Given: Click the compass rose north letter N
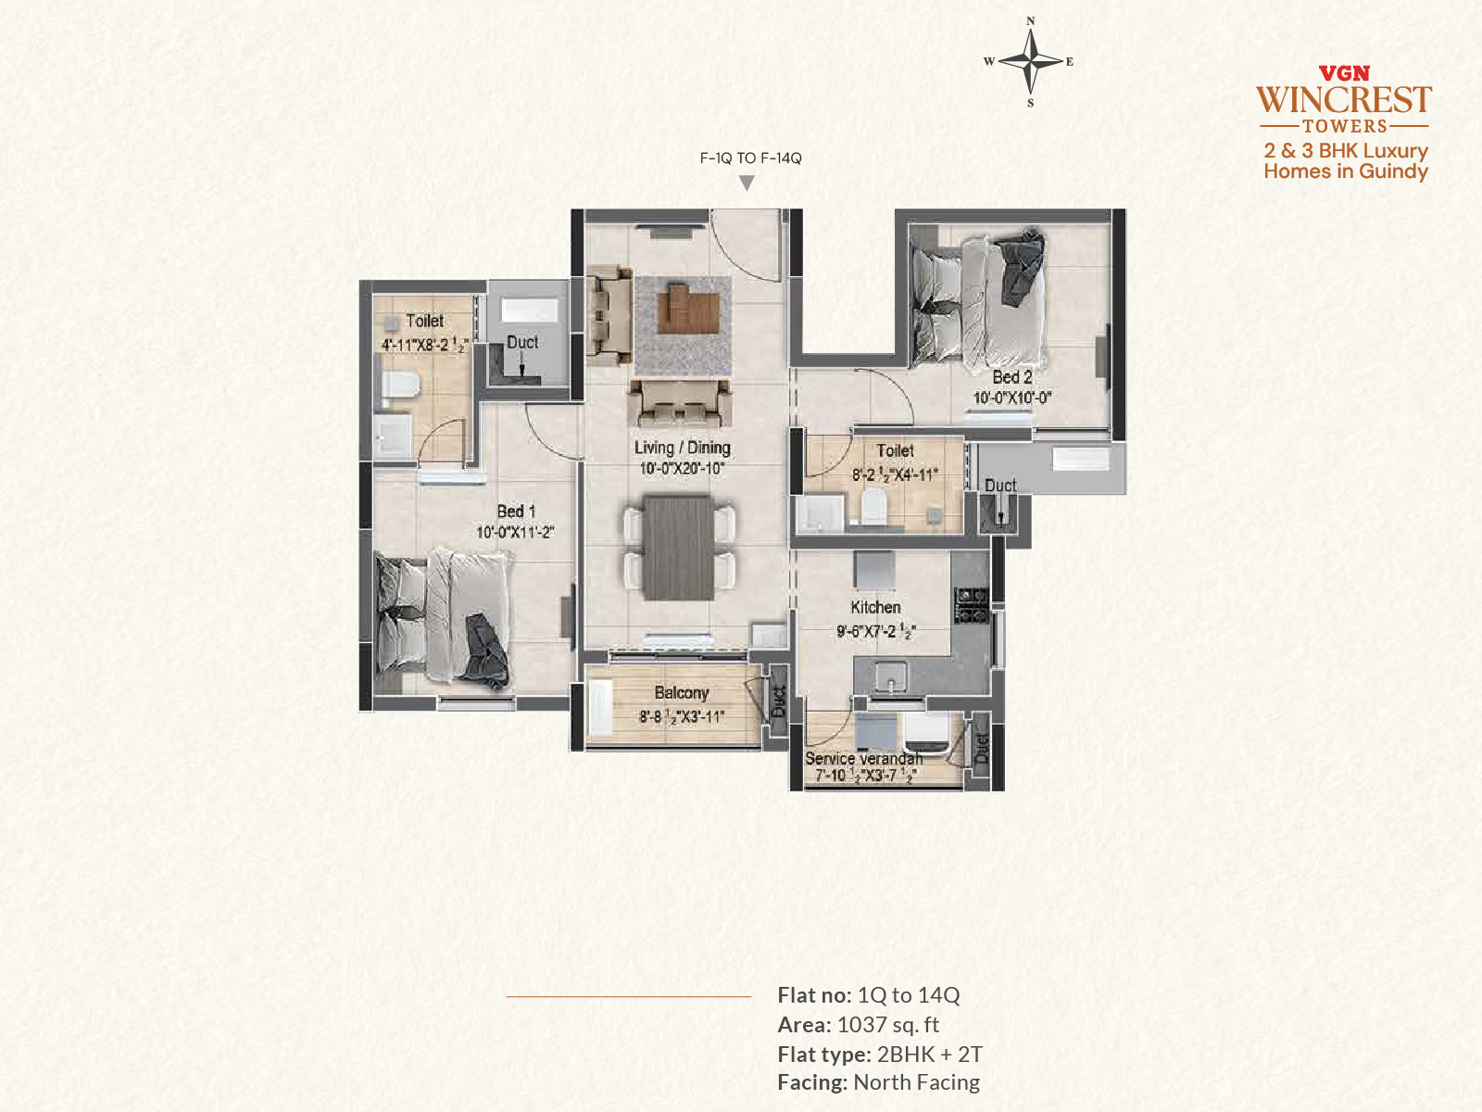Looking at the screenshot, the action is click(1030, 21).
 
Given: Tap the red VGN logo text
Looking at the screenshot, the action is click(1344, 73).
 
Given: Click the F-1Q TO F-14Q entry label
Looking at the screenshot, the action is click(751, 158).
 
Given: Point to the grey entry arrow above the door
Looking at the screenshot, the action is click(746, 183).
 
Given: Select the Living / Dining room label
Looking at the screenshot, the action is click(682, 448).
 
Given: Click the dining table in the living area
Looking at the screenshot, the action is click(678, 548).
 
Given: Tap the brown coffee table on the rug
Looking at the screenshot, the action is click(687, 310).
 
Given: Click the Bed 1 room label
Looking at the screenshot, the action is click(516, 512).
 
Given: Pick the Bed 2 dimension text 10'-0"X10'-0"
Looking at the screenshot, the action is click(1011, 398).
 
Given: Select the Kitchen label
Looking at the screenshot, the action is click(875, 607).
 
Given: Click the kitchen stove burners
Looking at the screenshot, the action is click(971, 605).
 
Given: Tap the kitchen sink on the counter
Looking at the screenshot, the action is click(890, 676).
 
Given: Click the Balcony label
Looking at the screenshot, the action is click(681, 693).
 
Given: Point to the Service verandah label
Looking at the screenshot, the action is click(863, 758).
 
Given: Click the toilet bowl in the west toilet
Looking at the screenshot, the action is click(400, 386).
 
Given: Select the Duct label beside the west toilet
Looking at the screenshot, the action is click(521, 342).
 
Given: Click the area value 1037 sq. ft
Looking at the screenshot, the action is click(888, 1025).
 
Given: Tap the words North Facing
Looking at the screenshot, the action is click(916, 1082).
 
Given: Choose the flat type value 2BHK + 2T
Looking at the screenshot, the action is click(930, 1054).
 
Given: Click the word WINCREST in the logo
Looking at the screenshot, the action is click(1344, 100).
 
